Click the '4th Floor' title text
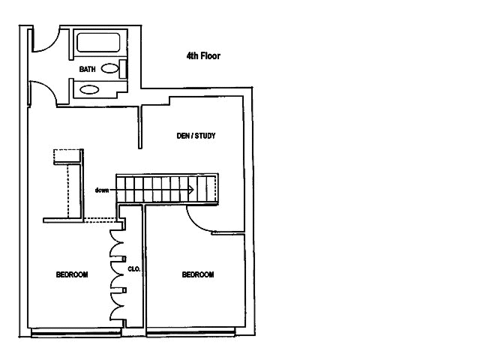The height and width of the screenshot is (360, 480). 202,55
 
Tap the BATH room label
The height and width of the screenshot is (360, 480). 88,70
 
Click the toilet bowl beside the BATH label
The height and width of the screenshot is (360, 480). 109,68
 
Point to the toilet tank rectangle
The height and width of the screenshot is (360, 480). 123,68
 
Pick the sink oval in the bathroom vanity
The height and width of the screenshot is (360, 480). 89,89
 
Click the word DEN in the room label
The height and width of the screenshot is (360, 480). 180,136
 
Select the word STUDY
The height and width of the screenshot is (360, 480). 206,136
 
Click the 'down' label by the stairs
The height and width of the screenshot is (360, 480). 103,190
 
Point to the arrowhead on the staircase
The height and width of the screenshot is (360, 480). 192,190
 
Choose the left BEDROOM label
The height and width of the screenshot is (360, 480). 72,274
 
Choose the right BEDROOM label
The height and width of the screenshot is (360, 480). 198,274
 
